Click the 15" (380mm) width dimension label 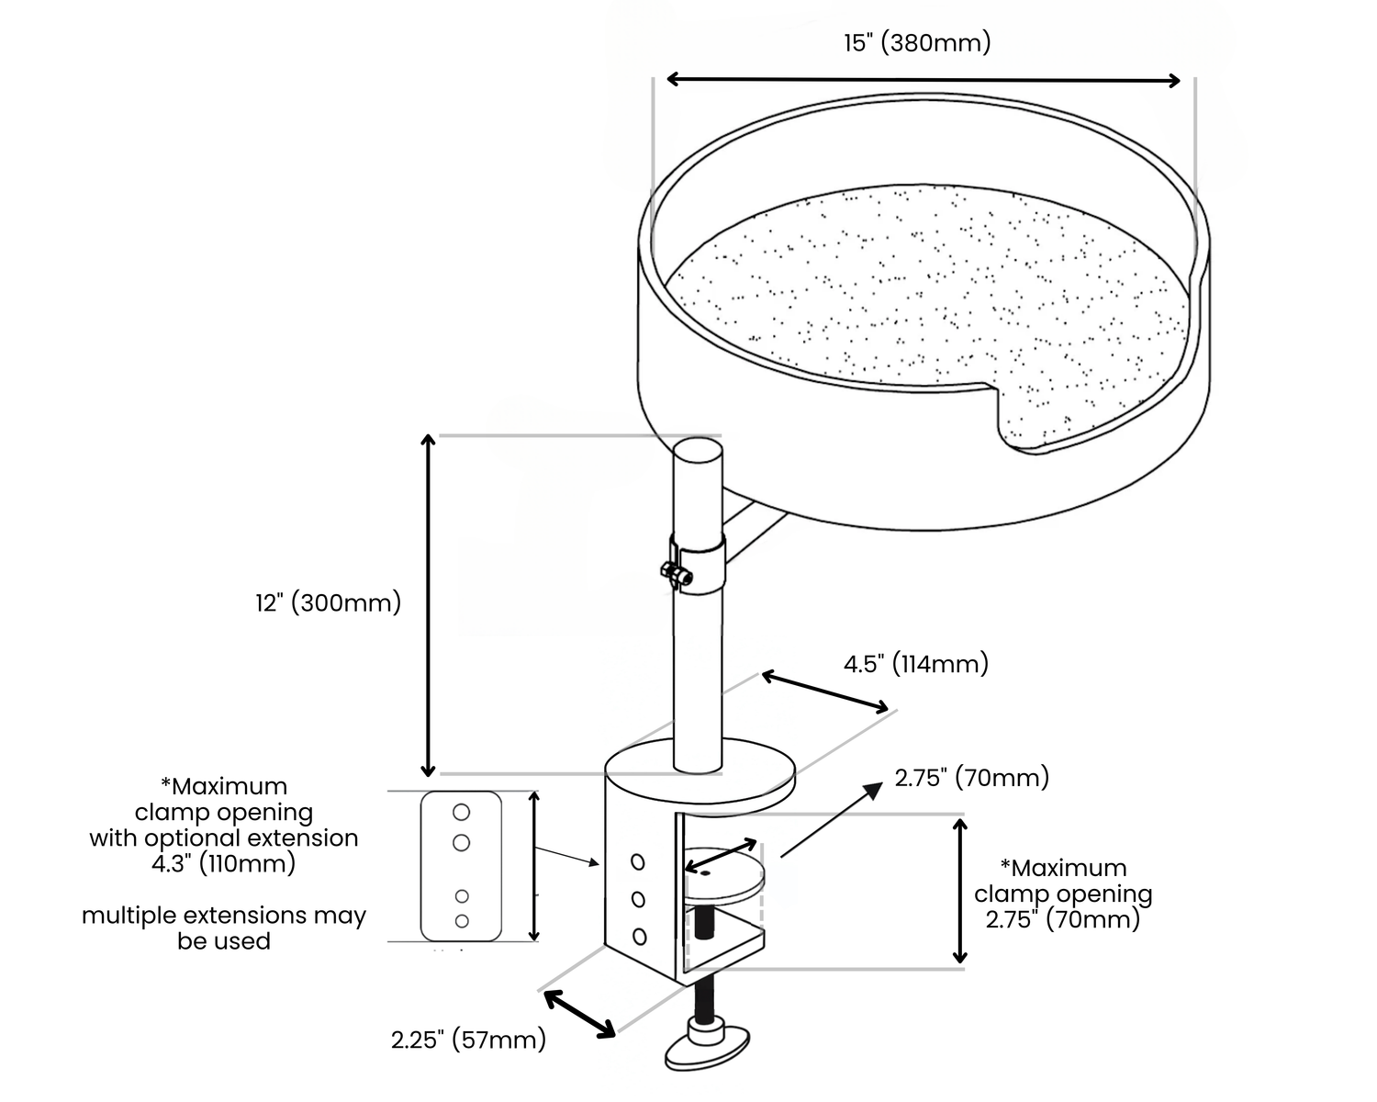[917, 43]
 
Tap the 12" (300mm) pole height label [329, 602]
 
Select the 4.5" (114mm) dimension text [915, 663]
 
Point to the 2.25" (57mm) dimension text [468, 1040]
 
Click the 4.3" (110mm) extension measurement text [223, 863]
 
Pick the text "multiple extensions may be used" [224, 928]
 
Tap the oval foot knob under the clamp [707, 1049]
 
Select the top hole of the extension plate [462, 812]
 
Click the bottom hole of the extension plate [462, 921]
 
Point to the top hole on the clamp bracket [637, 862]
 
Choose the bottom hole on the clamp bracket [639, 937]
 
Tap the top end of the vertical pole [698, 448]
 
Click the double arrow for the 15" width [924, 79]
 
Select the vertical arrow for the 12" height [428, 605]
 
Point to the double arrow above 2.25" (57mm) [580, 1014]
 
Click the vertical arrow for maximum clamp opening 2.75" [960, 892]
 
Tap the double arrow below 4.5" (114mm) [824, 691]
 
